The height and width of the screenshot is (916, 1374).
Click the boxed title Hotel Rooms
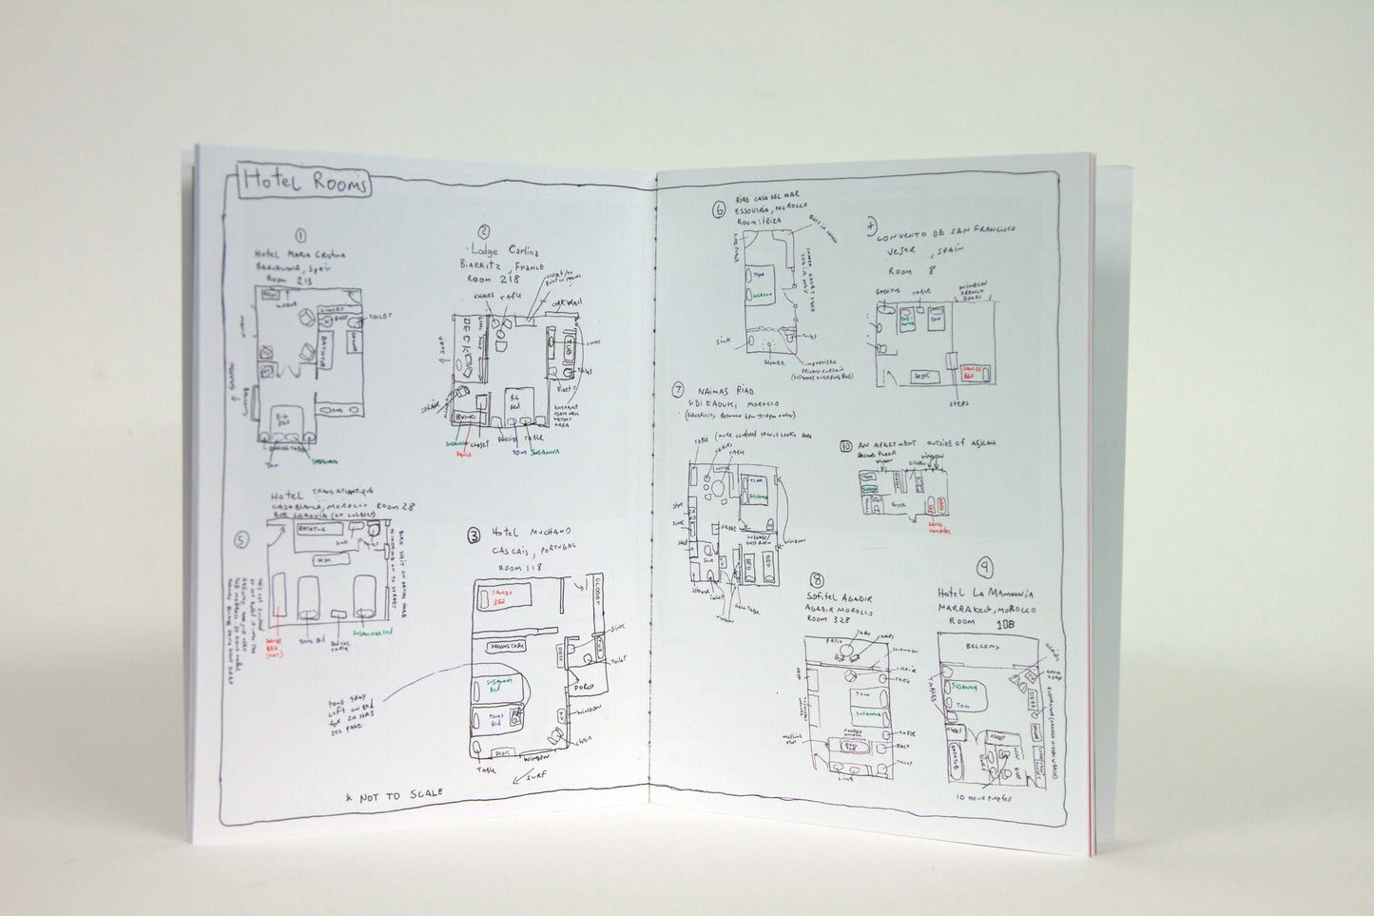pyautogui.click(x=304, y=182)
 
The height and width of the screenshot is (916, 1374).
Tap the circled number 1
pyautogui.click(x=300, y=236)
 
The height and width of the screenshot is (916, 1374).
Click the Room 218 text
pyautogui.click(x=493, y=282)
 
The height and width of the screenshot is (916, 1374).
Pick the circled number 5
pyautogui.click(x=242, y=540)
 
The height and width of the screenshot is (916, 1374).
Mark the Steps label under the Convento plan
pyautogui.click(x=958, y=403)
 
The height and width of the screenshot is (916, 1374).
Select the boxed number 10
pyautogui.click(x=845, y=445)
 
